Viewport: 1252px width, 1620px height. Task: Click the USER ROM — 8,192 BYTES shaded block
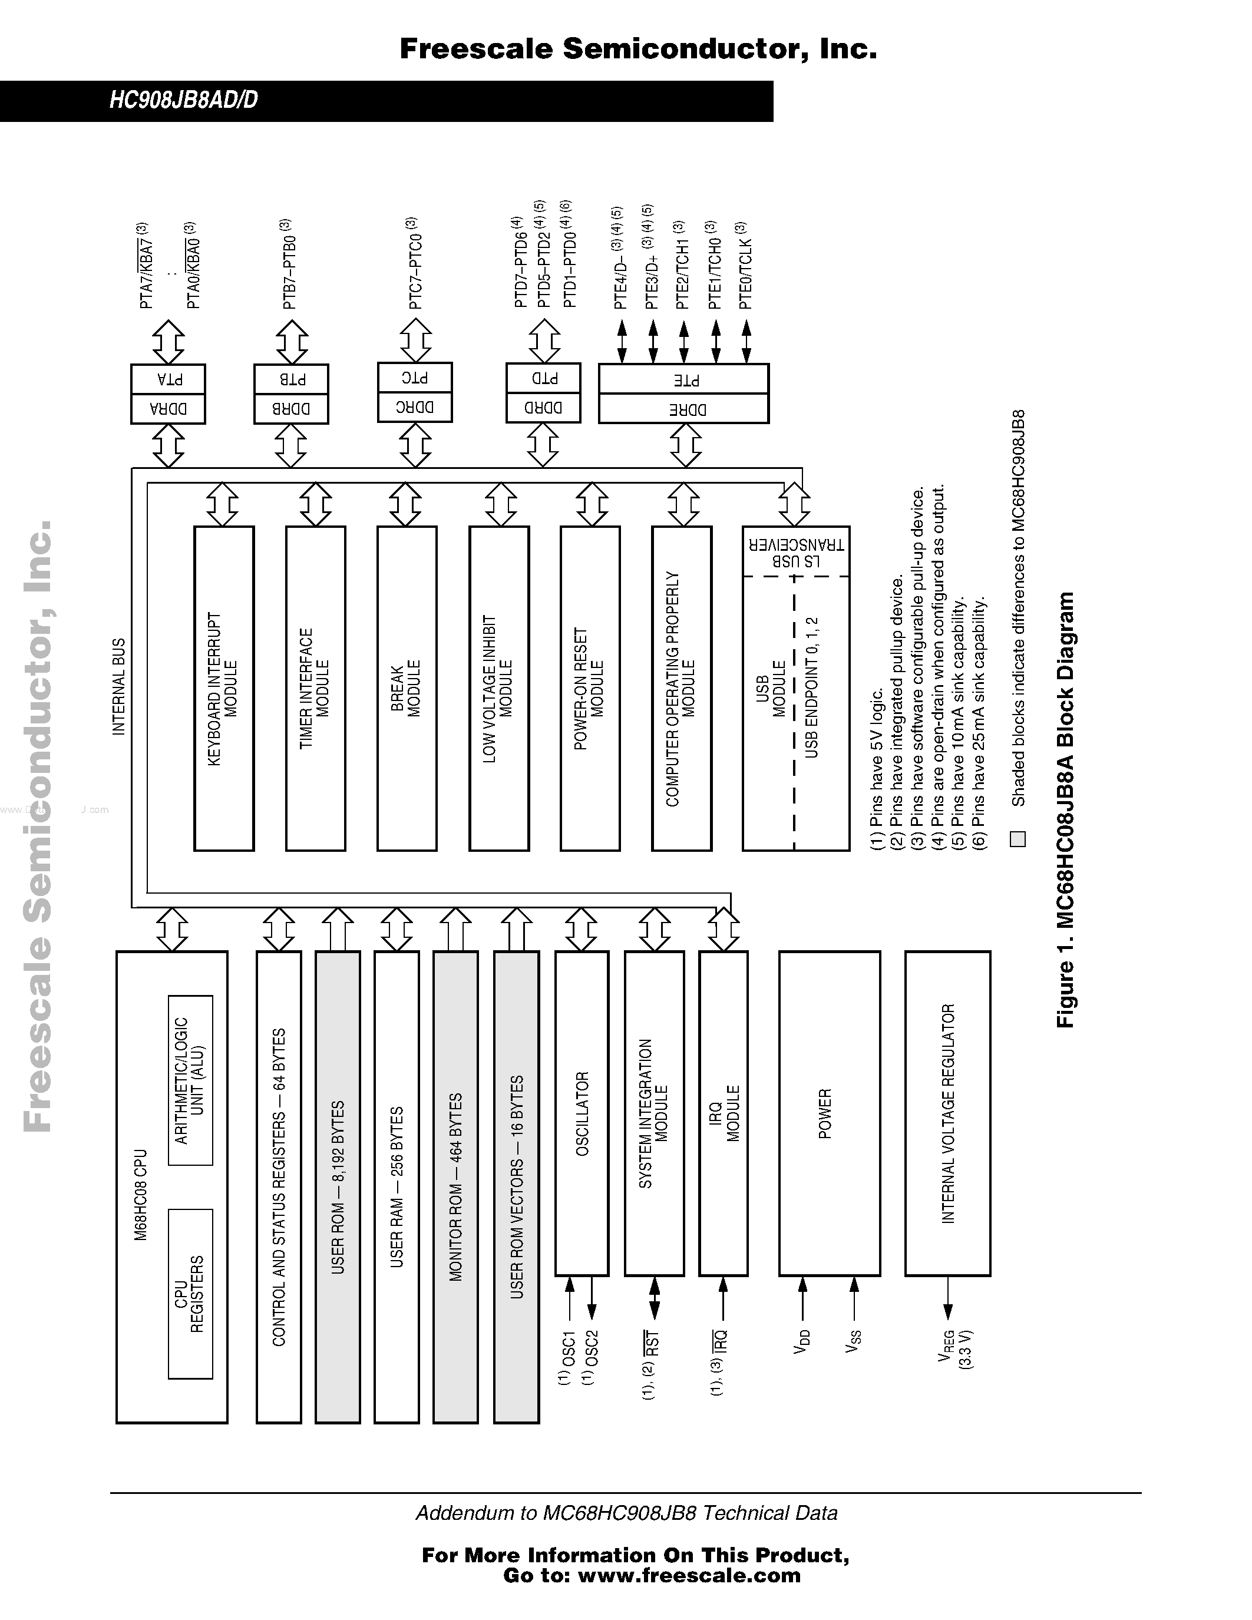tap(338, 1187)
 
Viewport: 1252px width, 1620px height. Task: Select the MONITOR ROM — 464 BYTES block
tap(455, 1187)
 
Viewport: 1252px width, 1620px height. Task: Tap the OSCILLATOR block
tap(582, 1113)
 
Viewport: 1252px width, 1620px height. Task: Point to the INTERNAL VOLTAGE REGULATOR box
tap(947, 1113)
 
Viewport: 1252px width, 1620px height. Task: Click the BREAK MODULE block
tap(407, 688)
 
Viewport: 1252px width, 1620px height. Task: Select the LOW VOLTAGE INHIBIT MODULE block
tap(498, 688)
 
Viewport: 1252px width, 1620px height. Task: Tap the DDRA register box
tap(168, 409)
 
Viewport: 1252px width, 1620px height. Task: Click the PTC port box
tap(415, 378)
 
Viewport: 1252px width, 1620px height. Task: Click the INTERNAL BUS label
tap(118, 687)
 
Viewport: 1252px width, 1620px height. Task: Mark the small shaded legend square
tap(1018, 839)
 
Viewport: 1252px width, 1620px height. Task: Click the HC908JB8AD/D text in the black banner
tap(183, 100)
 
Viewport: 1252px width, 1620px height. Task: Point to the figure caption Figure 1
tap(1065, 808)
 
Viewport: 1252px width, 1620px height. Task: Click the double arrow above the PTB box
tap(292, 342)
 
